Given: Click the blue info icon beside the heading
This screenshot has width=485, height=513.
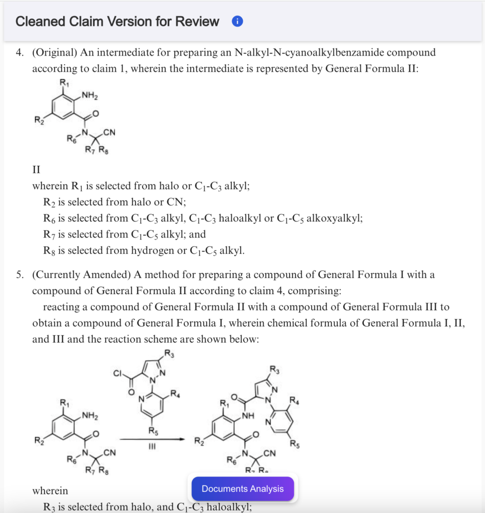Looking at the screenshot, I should [237, 22].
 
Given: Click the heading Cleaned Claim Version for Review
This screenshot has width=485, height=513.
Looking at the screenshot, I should [117, 22].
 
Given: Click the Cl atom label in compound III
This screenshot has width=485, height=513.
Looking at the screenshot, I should [118, 373].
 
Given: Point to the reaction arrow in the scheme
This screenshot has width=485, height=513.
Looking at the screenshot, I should [153, 439].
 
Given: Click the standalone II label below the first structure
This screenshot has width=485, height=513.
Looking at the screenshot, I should [36, 169].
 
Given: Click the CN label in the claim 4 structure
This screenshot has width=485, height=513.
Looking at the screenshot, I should [110, 133].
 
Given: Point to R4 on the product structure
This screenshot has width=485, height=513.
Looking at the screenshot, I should [294, 400].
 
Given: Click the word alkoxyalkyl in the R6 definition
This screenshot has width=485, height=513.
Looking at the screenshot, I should [334, 218].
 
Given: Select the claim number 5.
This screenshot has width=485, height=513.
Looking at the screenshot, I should [19, 275].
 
